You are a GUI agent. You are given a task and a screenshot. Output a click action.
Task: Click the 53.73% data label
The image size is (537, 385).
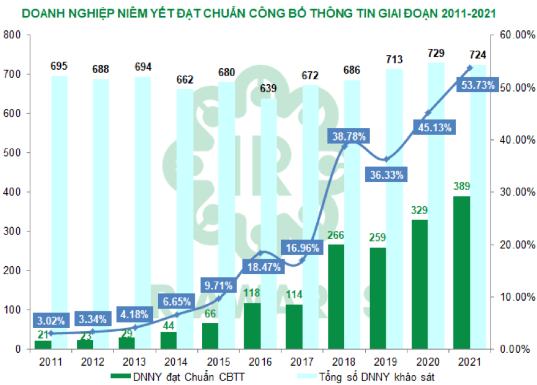[477, 85]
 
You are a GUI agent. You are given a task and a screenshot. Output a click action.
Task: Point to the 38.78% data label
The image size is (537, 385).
[349, 136]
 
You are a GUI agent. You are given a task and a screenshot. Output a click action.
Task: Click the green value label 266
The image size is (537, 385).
[335, 235]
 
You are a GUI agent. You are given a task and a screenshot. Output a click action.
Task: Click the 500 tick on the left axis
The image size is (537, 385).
[12, 153]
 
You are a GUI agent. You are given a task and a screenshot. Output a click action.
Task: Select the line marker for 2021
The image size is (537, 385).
[469, 67]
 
